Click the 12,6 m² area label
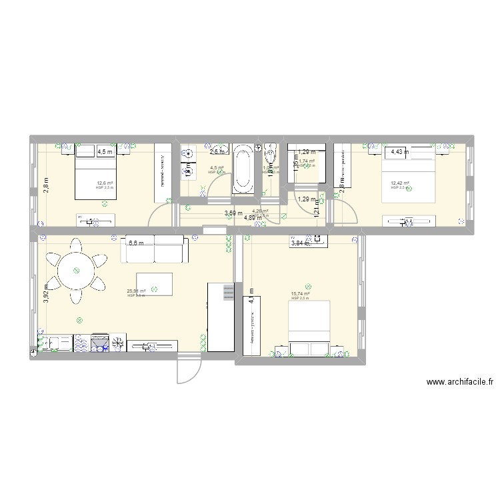pos(105,183)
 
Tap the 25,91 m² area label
pos(136,291)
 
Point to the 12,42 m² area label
pos(400,183)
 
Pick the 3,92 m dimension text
pos(46,295)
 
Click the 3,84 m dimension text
pos(299,244)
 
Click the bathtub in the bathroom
pos(243,169)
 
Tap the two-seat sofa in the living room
pos(154,249)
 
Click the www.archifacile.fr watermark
pos(460,383)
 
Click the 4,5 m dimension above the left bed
pos(105,152)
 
